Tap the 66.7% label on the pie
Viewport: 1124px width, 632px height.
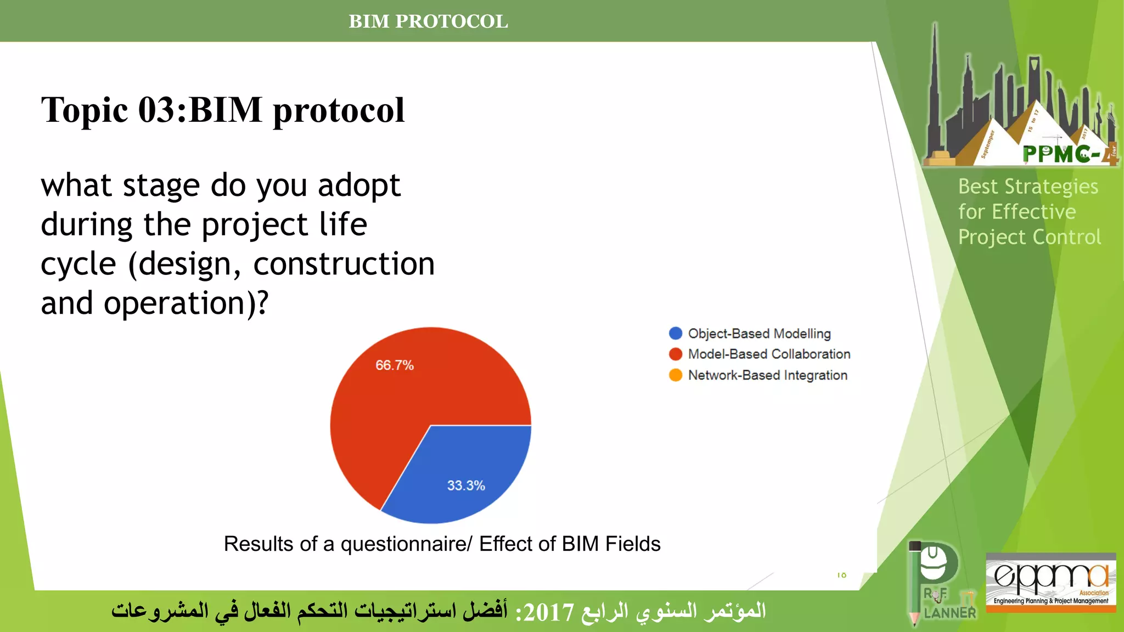pyautogui.click(x=394, y=365)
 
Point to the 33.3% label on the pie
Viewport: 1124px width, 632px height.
pyautogui.click(x=466, y=486)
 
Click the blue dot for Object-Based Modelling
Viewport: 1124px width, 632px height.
pyautogui.click(x=676, y=334)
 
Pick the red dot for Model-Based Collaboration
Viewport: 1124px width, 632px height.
pyautogui.click(x=676, y=354)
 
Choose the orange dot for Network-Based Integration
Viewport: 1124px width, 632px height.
pyautogui.click(x=676, y=375)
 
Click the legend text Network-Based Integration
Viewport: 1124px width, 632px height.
pyautogui.click(x=767, y=375)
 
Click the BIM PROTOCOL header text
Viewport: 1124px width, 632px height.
pyautogui.click(x=428, y=21)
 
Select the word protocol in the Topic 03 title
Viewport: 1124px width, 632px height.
pyautogui.click(x=339, y=110)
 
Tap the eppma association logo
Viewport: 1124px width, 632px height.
pyautogui.click(x=1050, y=582)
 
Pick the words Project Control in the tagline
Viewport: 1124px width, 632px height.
pyautogui.click(x=1029, y=238)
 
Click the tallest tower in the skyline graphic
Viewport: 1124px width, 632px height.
pyautogui.click(x=935, y=93)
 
